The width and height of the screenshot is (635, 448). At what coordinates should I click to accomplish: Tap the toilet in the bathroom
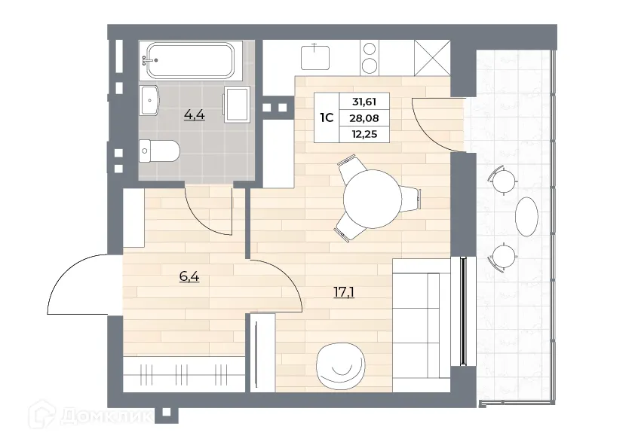pyautogui.click(x=159, y=151)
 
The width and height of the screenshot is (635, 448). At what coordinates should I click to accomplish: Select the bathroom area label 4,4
pyautogui.click(x=195, y=115)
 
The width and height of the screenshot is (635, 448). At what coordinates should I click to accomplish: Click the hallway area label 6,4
pyautogui.click(x=189, y=276)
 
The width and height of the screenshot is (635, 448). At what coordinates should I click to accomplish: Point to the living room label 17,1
pyautogui.click(x=344, y=291)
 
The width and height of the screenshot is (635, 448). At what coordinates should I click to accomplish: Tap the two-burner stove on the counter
pyautogui.click(x=370, y=57)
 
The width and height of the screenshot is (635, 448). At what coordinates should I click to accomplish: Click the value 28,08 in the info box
pyautogui.click(x=365, y=118)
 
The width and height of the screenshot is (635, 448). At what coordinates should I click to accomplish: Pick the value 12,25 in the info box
pyautogui.click(x=365, y=134)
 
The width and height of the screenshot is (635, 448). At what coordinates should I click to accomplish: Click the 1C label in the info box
pyautogui.click(x=327, y=118)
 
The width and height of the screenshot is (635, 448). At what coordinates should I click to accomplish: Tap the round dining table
pyautogui.click(x=373, y=199)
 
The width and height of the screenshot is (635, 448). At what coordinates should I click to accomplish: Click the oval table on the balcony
pyautogui.click(x=526, y=217)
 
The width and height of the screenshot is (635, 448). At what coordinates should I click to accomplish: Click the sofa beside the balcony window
pyautogui.click(x=422, y=324)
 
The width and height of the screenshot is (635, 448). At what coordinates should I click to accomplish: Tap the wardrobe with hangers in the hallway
pyautogui.click(x=183, y=373)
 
